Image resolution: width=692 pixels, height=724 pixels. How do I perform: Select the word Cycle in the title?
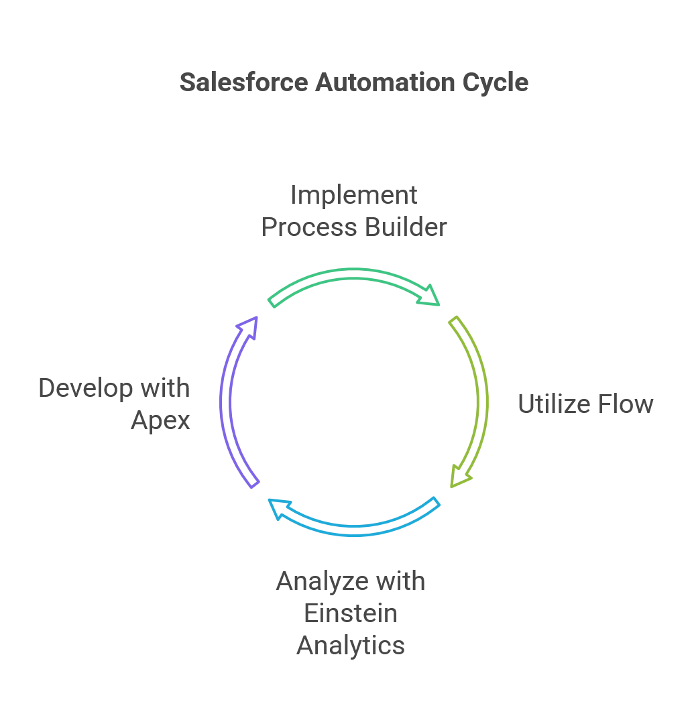[x=496, y=81]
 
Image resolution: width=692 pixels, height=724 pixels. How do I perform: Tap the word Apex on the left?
[x=161, y=420]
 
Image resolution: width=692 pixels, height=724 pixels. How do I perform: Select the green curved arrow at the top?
[x=349, y=275]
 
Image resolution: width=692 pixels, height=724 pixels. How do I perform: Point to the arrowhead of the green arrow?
[x=429, y=296]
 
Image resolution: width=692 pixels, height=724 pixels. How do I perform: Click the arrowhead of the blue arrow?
[x=276, y=508]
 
